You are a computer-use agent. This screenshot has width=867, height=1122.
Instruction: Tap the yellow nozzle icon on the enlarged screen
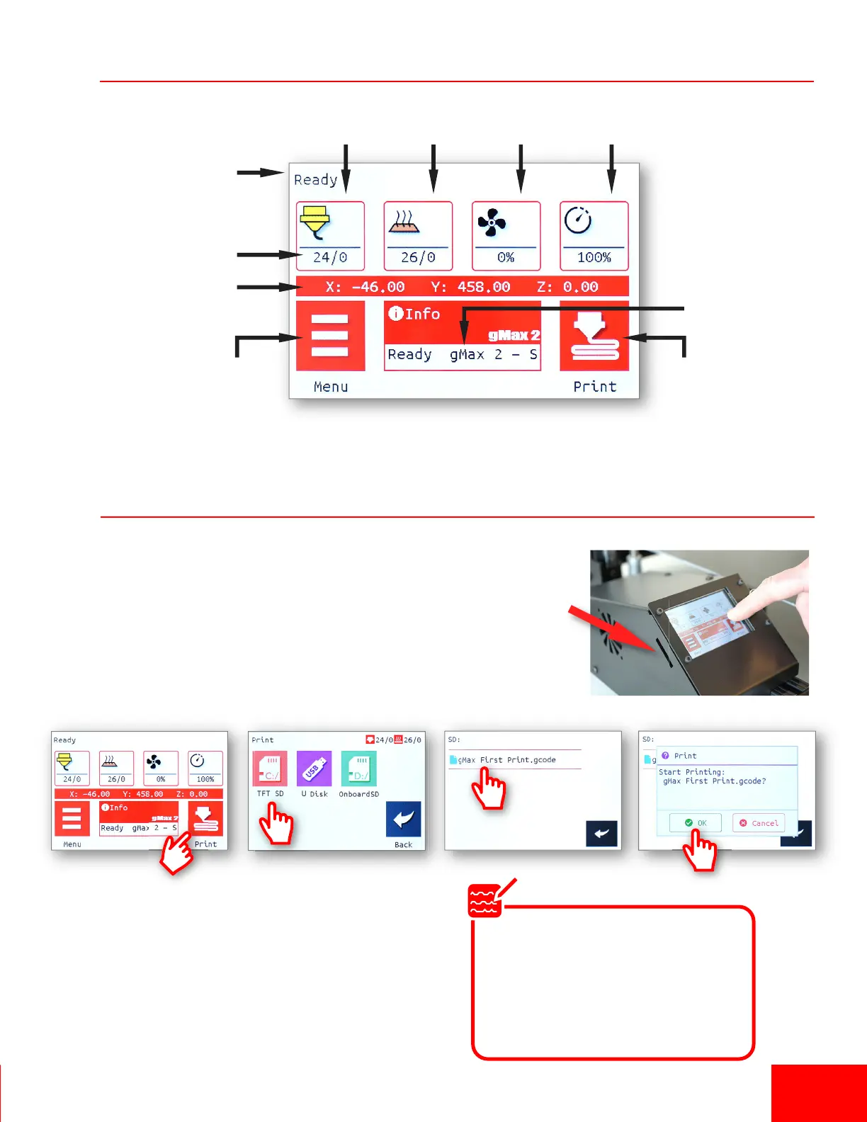click(x=315, y=222)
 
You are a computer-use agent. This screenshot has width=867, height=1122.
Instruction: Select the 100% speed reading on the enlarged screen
click(x=594, y=258)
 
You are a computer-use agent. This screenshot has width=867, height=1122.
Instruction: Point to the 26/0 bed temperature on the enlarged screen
click(x=418, y=258)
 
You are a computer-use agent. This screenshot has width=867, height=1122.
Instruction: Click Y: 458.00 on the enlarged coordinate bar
click(x=470, y=287)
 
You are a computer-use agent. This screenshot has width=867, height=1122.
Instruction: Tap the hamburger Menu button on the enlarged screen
click(x=330, y=336)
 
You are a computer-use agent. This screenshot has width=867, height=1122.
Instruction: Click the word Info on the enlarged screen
click(x=422, y=314)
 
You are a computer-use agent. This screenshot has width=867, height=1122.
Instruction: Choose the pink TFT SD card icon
click(x=270, y=769)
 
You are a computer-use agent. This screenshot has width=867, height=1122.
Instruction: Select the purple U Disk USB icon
click(x=314, y=769)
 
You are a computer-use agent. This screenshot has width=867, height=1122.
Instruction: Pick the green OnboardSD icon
click(x=358, y=769)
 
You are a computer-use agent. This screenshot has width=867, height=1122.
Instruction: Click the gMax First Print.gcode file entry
click(x=506, y=760)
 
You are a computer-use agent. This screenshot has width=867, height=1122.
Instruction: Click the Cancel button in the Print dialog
click(x=759, y=823)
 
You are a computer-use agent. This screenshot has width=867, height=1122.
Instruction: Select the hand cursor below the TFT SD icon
click(x=276, y=824)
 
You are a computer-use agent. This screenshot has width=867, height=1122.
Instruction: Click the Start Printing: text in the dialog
click(x=691, y=772)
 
